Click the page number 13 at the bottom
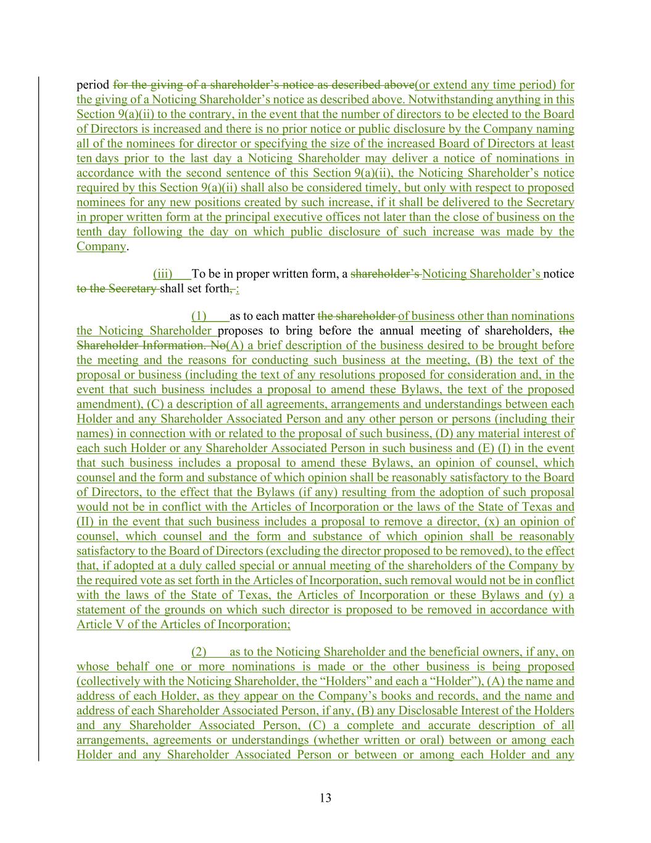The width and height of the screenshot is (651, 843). tap(326, 798)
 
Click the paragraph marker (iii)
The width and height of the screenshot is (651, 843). tap(163, 274)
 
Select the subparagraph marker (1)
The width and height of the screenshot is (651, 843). tap(200, 316)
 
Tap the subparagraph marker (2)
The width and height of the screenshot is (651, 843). tap(200, 652)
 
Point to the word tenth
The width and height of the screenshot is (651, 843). tap(90, 232)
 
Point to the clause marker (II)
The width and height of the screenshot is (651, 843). tap(85, 522)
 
